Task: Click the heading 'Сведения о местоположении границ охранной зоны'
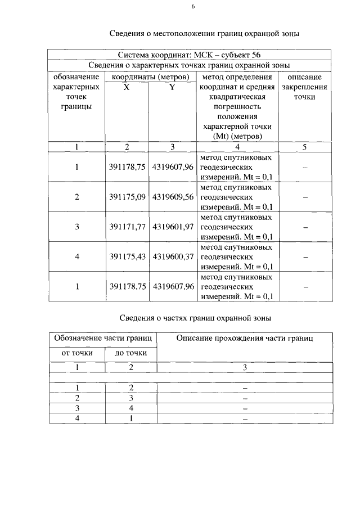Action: click(x=203, y=34)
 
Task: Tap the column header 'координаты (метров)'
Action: click(x=150, y=76)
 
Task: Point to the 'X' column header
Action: click(x=127, y=87)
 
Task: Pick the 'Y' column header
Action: click(x=172, y=87)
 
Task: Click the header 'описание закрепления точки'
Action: click(x=304, y=87)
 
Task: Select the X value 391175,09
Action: click(x=127, y=197)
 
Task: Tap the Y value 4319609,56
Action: click(x=173, y=197)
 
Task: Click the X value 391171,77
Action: click(x=127, y=227)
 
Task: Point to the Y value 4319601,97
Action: click(x=173, y=227)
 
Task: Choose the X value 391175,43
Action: click(x=127, y=256)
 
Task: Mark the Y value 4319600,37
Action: click(x=173, y=256)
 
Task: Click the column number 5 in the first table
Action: click(x=304, y=147)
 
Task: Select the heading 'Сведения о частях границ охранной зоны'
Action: click(x=195, y=318)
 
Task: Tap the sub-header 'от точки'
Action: click(x=77, y=353)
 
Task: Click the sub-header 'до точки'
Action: click(x=131, y=353)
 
